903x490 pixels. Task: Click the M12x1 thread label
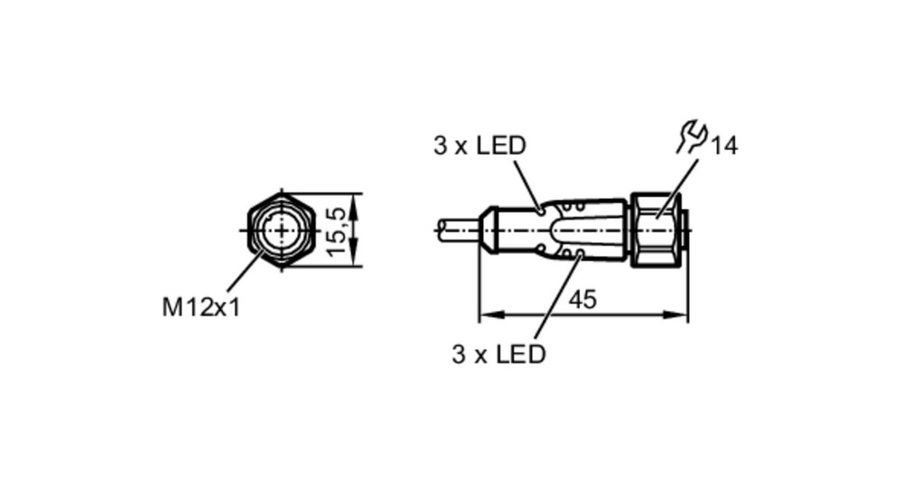click(x=201, y=307)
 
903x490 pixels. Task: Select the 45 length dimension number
click(x=582, y=300)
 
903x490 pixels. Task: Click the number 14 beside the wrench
click(x=724, y=146)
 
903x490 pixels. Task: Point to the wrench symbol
click(x=691, y=137)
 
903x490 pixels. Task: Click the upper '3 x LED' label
click(x=479, y=146)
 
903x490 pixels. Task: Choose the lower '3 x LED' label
click(x=498, y=354)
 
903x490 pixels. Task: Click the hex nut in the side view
click(x=656, y=230)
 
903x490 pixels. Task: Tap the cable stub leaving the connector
click(x=459, y=230)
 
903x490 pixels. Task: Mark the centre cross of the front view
click(x=282, y=231)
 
